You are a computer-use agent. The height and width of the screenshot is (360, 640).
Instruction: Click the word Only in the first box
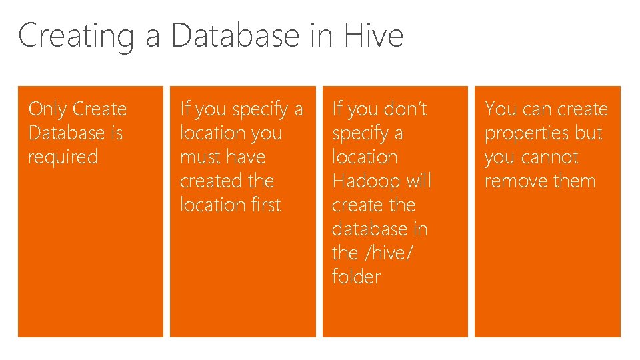click(48, 109)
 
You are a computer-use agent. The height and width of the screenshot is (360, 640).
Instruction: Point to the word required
click(63, 158)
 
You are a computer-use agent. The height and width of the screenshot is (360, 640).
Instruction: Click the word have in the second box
click(246, 157)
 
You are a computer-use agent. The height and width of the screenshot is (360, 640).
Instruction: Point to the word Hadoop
click(365, 181)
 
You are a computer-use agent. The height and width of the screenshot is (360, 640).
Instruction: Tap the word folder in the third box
click(356, 277)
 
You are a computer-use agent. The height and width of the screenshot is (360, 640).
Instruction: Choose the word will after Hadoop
click(419, 181)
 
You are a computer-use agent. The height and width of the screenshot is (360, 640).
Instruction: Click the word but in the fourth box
click(588, 133)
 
